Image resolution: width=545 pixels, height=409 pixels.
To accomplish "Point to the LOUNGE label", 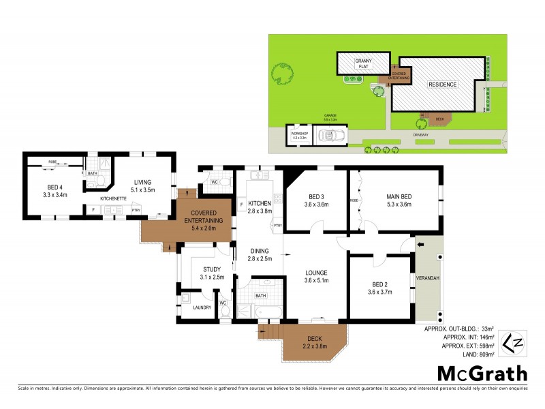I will (316, 273).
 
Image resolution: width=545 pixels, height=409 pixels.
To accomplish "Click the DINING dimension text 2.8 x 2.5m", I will (260, 259).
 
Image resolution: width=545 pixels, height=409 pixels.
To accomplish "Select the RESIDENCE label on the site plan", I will (442, 84).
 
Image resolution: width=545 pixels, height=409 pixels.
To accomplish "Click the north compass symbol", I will (511, 341).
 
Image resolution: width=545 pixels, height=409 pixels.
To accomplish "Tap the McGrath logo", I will (482, 373).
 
